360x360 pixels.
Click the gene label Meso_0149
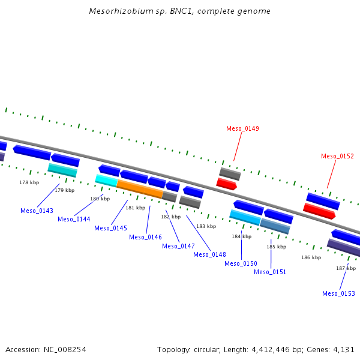click(242, 128)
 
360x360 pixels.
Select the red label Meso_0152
click(337, 156)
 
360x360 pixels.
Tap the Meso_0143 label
click(37, 211)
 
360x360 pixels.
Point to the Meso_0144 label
click(74, 219)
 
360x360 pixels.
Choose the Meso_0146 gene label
click(145, 237)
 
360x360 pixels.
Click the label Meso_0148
click(209, 254)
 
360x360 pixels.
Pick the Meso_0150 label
click(241, 263)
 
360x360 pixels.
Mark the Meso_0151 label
click(270, 272)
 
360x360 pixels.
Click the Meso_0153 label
click(338, 293)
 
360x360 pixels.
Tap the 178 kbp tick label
click(29, 182)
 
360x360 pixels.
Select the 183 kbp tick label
click(206, 226)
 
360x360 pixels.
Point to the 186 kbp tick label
click(311, 257)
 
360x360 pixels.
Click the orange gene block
click(139, 188)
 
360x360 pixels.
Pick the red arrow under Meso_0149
click(226, 184)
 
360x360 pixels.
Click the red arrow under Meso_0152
click(319, 211)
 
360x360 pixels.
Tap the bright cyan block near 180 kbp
click(106, 180)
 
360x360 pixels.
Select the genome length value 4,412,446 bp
click(276, 349)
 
